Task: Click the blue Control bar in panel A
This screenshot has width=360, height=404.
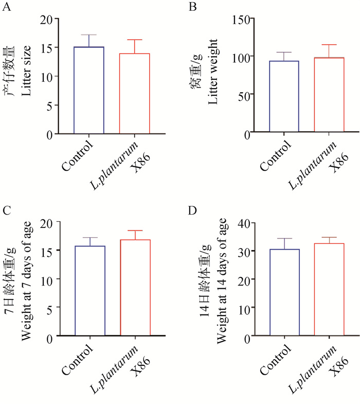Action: coord(89,90)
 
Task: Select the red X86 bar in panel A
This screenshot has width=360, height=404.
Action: coord(135,94)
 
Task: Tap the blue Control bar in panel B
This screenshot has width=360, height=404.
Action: coord(284,97)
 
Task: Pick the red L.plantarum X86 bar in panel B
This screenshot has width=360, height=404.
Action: coord(329,95)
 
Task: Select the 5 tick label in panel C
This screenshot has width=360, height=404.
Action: coord(50,307)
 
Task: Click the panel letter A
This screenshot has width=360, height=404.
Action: coord(7,7)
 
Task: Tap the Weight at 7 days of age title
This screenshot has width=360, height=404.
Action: coord(27,280)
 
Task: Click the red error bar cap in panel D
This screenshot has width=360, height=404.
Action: coord(329,237)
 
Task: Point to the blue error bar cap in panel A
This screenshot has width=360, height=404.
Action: coord(89,35)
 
